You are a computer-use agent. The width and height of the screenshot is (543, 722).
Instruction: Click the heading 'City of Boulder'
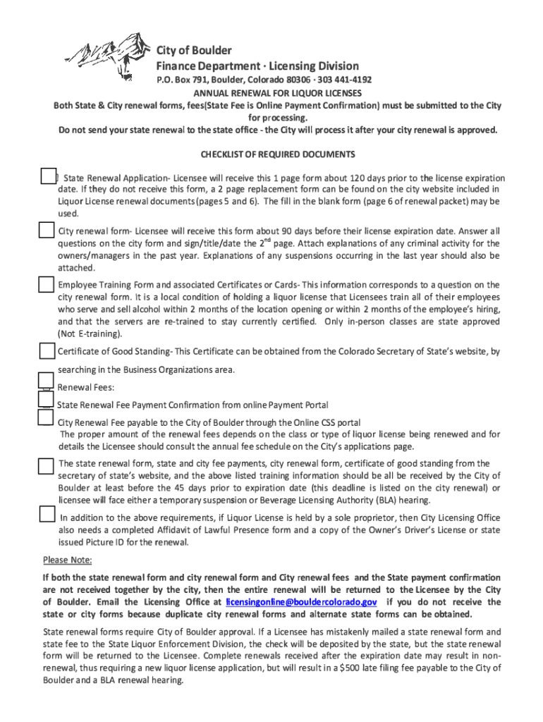point(193,51)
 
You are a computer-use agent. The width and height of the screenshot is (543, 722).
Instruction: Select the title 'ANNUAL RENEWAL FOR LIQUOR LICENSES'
point(278,92)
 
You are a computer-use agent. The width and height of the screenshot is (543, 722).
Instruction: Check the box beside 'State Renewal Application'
point(48,177)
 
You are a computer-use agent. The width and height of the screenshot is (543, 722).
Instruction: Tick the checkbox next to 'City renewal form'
point(46,231)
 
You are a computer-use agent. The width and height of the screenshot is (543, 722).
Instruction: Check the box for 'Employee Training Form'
point(46,284)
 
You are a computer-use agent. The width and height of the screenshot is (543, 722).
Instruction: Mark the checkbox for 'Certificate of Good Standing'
point(47,350)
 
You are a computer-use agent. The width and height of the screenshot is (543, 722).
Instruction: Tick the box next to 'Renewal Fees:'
point(46,381)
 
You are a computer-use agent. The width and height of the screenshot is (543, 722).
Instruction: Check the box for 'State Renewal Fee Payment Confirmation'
point(46,400)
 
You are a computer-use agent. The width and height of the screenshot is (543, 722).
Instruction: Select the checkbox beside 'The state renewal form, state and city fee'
point(46,465)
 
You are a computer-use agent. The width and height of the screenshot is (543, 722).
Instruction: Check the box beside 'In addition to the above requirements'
point(47,514)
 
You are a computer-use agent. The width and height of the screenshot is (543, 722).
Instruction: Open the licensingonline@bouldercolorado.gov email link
point(301,602)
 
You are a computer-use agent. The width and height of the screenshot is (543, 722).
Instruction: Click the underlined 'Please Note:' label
point(68,561)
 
